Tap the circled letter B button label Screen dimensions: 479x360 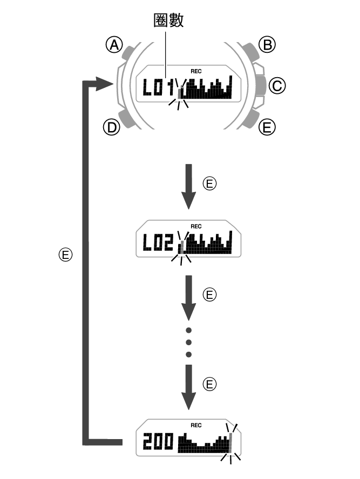(267, 45)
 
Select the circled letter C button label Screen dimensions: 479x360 (276, 85)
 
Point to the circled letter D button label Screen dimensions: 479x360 (112, 127)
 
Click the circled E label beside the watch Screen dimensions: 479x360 (267, 127)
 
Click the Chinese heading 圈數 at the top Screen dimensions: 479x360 (168, 20)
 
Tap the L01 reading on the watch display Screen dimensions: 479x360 (159, 87)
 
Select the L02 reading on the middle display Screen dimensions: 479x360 (158, 244)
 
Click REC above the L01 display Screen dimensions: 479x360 (195, 71)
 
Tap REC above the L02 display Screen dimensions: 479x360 (195, 227)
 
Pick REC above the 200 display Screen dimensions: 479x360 (195, 426)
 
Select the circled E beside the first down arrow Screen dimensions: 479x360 (210, 184)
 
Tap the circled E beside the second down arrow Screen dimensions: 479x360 (210, 294)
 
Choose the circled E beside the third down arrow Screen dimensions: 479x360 (210, 384)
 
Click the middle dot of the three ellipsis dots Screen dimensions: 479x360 (188, 342)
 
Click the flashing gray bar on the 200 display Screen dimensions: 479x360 (231, 443)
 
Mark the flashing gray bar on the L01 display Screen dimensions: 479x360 (180, 94)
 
